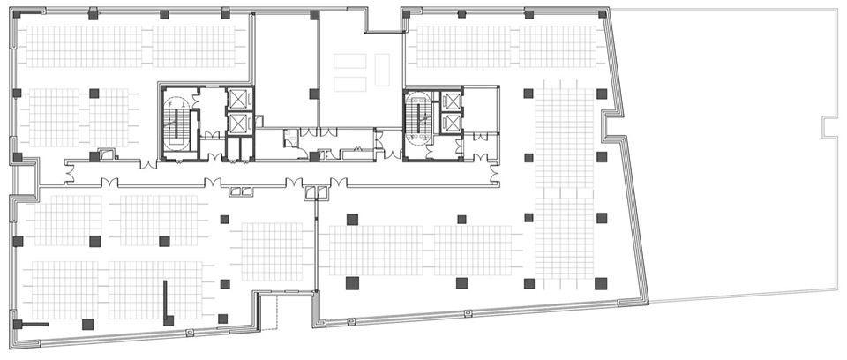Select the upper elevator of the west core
pyautogui.click(x=238, y=99)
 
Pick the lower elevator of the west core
pyautogui.click(x=238, y=124)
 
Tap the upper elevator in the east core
pyautogui.click(x=452, y=101)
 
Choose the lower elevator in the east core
pyautogui.click(x=452, y=123)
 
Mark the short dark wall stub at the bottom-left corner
pyautogui.click(x=34, y=325)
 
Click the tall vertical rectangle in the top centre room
pyautogui.click(x=382, y=70)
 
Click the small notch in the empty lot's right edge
pyautogui.click(x=829, y=127)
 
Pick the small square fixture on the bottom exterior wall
pyautogui.click(x=190, y=332)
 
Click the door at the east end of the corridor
pyautogui.click(x=481, y=159)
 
